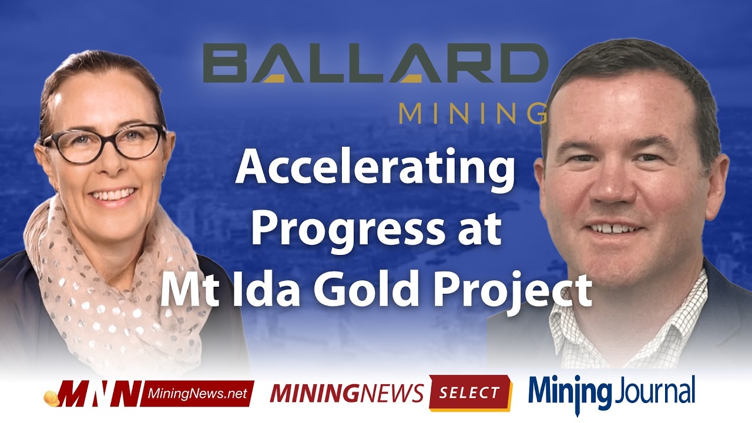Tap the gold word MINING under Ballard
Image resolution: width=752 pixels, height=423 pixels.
pos(472,113)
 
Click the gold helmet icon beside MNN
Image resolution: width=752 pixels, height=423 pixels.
pos(51,397)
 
